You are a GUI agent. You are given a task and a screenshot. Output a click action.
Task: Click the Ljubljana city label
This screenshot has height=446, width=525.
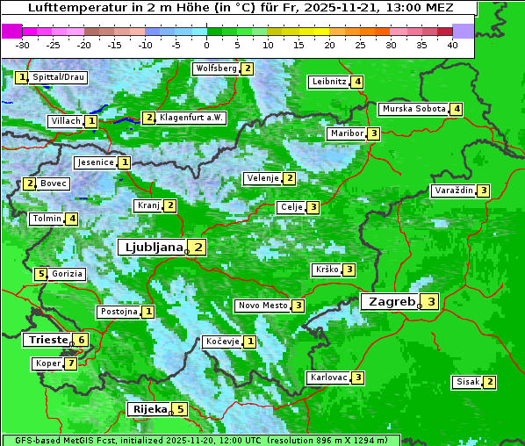[x=151, y=247]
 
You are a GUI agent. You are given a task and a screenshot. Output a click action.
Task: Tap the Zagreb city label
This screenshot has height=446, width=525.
[x=390, y=301]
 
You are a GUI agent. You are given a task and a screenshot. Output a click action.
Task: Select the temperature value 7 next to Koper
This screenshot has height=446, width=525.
[x=70, y=363]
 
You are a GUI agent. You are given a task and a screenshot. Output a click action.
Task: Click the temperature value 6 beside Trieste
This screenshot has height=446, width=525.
[x=81, y=340]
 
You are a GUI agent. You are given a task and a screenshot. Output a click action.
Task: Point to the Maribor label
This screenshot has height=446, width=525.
[x=345, y=133]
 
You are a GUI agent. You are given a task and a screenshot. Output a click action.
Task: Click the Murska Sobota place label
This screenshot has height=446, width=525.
[x=413, y=109]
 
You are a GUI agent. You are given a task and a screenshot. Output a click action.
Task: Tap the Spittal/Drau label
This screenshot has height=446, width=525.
[x=59, y=77]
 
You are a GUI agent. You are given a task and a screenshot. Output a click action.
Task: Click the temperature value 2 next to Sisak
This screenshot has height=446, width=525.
[x=489, y=382]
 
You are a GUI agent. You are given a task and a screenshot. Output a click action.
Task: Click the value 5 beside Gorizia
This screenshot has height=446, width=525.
[x=40, y=274]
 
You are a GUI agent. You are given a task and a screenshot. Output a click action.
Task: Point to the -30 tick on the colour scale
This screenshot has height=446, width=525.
[x=23, y=45]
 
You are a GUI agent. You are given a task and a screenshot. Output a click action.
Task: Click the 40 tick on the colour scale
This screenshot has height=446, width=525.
[x=452, y=45]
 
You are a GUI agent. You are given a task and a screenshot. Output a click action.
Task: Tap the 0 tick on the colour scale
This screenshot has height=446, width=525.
[x=206, y=45]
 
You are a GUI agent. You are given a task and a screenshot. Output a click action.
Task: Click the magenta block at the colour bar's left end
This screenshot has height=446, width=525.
[x=12, y=31]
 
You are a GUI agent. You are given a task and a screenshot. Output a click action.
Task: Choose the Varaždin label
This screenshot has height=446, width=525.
[x=454, y=191]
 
